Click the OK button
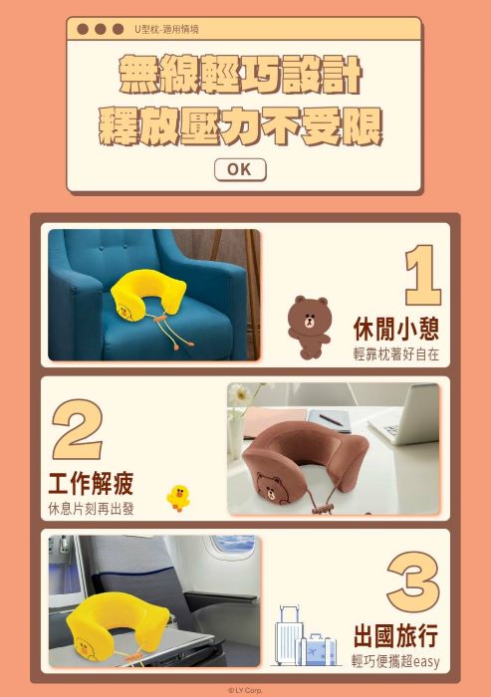point(240,170)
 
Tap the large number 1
point(423,275)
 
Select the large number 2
point(78,429)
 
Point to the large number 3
point(413,581)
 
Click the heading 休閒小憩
point(395,329)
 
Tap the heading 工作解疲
point(92,484)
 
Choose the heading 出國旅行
point(395,636)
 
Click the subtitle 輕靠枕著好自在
point(395,354)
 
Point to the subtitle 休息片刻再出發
point(92,509)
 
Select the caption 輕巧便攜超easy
point(395,661)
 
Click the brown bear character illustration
point(309,327)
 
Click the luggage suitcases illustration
point(305,636)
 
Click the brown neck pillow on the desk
point(307,462)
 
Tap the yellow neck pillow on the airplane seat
point(117,622)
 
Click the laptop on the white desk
point(404,415)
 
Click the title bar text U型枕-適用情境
point(166,29)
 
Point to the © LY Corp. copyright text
point(245,690)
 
